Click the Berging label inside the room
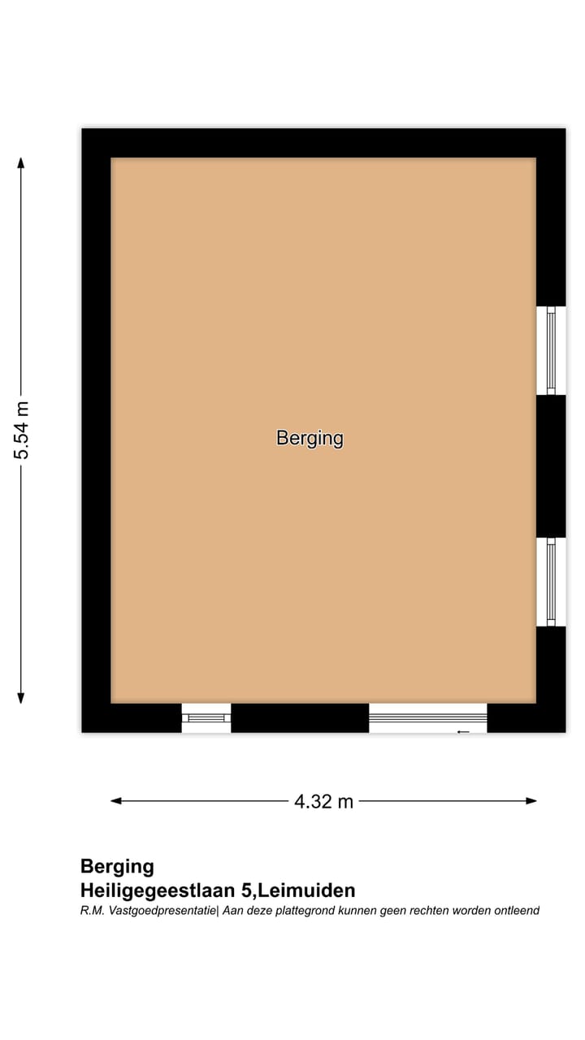pos(310,438)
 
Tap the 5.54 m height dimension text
pos(21,430)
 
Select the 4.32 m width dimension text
pos(323,801)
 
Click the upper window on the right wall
pos(551,350)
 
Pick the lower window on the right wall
pos(551,582)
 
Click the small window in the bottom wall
pos(206,718)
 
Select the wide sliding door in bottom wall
pos(427,717)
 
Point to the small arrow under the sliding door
pos(463,732)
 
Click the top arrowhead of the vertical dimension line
pos(21,162)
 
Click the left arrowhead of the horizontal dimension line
pos(116,801)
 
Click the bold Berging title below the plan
pos(117,866)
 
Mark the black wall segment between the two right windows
pos(551,466)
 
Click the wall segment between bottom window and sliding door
pos(300,718)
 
